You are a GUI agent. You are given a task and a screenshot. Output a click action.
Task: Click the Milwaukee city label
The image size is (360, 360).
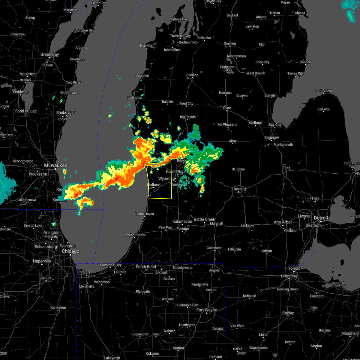coord(55,165)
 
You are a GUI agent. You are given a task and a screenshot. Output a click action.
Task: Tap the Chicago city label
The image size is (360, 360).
coord(70,251)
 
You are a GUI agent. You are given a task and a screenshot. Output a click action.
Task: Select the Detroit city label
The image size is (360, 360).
coord(321,218)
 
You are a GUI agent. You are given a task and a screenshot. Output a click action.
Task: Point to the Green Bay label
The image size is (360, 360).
coord(50,55)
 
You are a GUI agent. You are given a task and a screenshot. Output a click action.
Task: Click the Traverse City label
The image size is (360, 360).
coord(180,36)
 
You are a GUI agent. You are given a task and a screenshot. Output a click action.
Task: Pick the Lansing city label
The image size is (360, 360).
coord(239,189)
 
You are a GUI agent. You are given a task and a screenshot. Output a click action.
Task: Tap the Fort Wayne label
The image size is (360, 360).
coord(206,310)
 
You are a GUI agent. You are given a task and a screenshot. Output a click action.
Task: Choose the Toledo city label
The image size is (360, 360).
coord(294,268)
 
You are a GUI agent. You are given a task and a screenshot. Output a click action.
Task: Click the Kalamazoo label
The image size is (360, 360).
coord(182,221)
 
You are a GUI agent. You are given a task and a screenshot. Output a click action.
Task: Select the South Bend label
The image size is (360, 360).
coord(146,267)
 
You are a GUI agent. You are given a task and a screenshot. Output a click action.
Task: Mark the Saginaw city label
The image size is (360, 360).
coord(272,138)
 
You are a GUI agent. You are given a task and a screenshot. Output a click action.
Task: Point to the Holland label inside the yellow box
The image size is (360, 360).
coord(154,185)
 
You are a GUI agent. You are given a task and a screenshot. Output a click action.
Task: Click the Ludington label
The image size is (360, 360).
coord(135,97)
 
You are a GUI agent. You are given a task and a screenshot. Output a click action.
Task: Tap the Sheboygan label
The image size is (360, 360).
coord(66,113)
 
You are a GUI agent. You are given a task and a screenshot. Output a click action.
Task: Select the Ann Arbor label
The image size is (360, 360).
coord(283,222)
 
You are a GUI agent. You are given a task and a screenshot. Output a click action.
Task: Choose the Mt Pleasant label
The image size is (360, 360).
coord(227,124)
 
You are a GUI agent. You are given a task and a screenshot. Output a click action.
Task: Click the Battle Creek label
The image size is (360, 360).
coord(204,219)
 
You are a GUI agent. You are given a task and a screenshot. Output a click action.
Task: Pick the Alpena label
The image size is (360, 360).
coord(300,13)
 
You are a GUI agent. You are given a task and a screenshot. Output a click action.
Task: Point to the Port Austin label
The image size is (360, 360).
coord(324,91)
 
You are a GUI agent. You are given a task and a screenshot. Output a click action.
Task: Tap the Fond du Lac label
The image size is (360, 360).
coord(26,111)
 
